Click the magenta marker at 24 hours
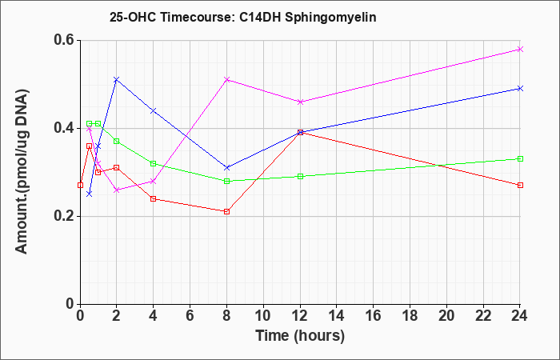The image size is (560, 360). click(520, 50)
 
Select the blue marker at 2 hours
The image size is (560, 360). click(117, 79)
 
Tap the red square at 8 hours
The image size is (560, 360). click(226, 211)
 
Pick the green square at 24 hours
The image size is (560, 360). click(520, 158)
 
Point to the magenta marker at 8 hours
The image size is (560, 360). click(226, 79)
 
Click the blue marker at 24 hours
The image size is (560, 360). click(520, 88)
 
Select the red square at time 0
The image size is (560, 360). click(80, 185)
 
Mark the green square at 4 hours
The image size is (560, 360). click(154, 163)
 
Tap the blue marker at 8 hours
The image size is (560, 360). click(226, 167)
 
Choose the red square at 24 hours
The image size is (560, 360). click(520, 185)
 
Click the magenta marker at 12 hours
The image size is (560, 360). click(300, 102)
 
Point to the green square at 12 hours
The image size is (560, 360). click(300, 176)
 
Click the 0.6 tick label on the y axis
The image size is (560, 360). click(64, 40)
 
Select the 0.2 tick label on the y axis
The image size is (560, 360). click(64, 216)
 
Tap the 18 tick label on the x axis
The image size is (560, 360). click(410, 316)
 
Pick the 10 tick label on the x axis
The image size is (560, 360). click(263, 316)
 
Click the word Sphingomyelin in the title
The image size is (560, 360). click(330, 18)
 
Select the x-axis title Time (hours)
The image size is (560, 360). click(300, 336)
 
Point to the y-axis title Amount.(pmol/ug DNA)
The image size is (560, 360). click(22, 171)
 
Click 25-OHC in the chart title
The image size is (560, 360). click(133, 18)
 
